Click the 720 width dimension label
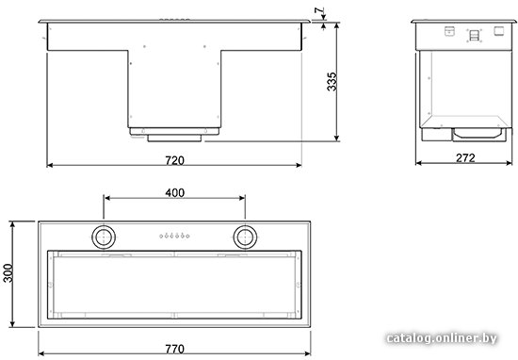[x=174, y=160]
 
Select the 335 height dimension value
[x=332, y=81]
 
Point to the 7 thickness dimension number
[x=318, y=11]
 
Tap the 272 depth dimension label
[x=465, y=158]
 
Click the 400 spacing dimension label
[x=175, y=193]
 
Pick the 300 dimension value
[x=8, y=273]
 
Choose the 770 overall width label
[x=174, y=349]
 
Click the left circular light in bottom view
[x=104, y=237]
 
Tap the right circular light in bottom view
[x=245, y=237]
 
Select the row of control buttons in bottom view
[x=174, y=236]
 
